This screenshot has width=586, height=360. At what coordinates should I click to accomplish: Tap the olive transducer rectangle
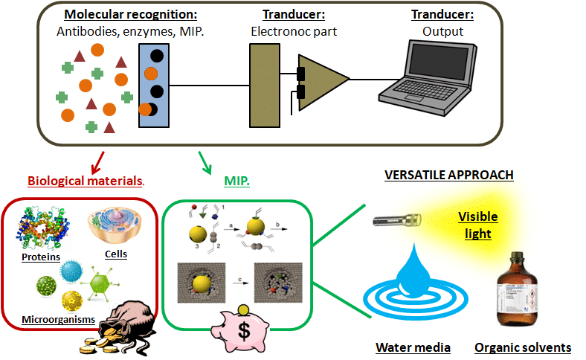point(263,83)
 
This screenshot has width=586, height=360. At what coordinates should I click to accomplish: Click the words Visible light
point(477,224)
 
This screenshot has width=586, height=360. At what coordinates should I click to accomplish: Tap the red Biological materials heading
point(85,181)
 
